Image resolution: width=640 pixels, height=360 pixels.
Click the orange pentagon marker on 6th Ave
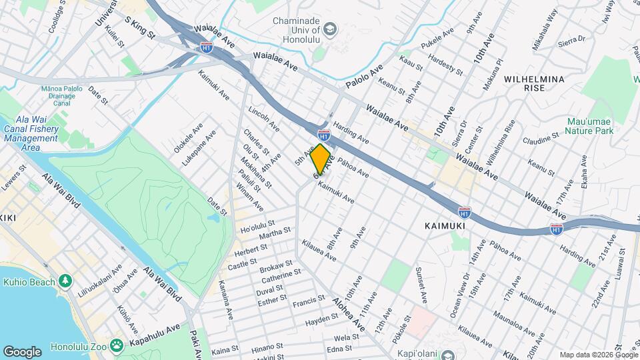(x=321, y=159)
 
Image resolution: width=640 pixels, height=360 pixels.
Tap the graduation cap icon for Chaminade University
(x=329, y=30)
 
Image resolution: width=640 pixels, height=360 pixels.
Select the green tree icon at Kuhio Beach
(x=65, y=281)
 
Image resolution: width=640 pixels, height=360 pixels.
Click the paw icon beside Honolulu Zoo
(x=117, y=345)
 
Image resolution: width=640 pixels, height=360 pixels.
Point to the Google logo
(x=22, y=351)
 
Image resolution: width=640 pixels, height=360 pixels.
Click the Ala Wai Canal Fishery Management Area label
(x=31, y=133)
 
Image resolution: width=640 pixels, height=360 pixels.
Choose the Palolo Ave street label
(x=365, y=77)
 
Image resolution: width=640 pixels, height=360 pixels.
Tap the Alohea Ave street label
(x=350, y=313)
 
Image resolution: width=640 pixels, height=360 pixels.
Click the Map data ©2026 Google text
(x=598, y=355)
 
